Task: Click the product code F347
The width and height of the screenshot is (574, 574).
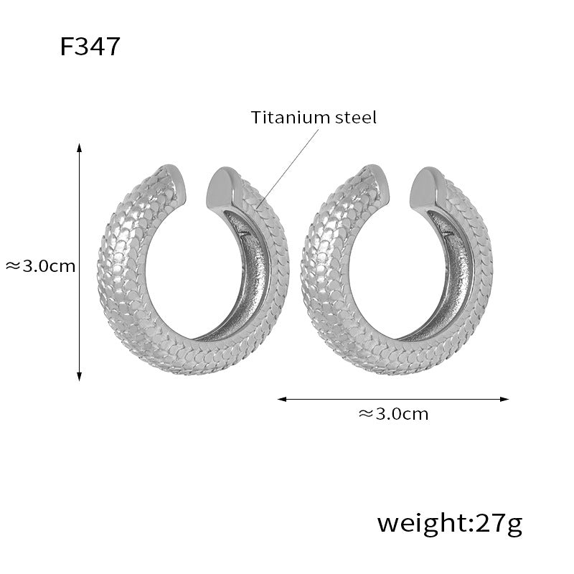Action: pyautogui.click(x=90, y=47)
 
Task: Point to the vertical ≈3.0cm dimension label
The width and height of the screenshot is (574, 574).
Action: pyautogui.click(x=40, y=266)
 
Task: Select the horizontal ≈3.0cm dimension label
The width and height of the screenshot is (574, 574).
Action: pyautogui.click(x=393, y=414)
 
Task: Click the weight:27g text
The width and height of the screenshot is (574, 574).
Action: pyautogui.click(x=450, y=524)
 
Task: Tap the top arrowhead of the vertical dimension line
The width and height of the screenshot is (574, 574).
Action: pyautogui.click(x=79, y=148)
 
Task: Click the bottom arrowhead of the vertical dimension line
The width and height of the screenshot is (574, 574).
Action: pyautogui.click(x=79, y=377)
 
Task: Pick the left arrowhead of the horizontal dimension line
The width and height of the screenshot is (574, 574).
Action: pyautogui.click(x=282, y=399)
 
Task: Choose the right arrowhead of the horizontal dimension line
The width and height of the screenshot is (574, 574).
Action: pyautogui.click(x=504, y=399)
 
